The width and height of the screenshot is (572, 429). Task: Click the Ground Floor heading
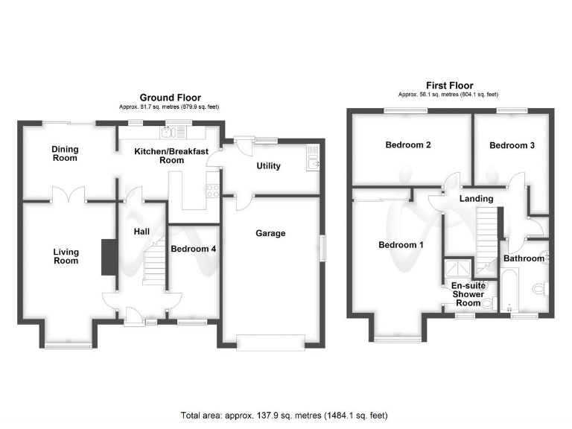click(x=170, y=98)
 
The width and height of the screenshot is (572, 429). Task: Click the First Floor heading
click(x=449, y=86)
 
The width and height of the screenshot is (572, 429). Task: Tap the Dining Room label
click(x=65, y=153)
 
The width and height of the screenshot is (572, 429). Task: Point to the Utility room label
click(x=268, y=165)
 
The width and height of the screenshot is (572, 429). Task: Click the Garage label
click(x=271, y=233)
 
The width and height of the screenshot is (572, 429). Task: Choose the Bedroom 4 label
click(x=193, y=249)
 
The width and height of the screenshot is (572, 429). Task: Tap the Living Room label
click(x=66, y=256)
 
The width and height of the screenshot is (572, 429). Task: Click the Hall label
click(x=142, y=232)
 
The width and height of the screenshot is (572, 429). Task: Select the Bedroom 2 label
click(x=407, y=145)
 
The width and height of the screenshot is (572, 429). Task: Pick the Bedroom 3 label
click(x=512, y=145)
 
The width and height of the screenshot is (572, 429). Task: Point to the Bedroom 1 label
click(x=400, y=245)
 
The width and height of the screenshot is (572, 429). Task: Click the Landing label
click(x=476, y=198)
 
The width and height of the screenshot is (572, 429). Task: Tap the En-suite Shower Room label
click(x=467, y=293)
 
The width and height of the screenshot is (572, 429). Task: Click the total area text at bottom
click(x=284, y=415)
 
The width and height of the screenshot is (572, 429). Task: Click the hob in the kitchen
click(x=212, y=190)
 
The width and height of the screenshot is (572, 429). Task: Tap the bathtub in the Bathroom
click(x=509, y=290)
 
